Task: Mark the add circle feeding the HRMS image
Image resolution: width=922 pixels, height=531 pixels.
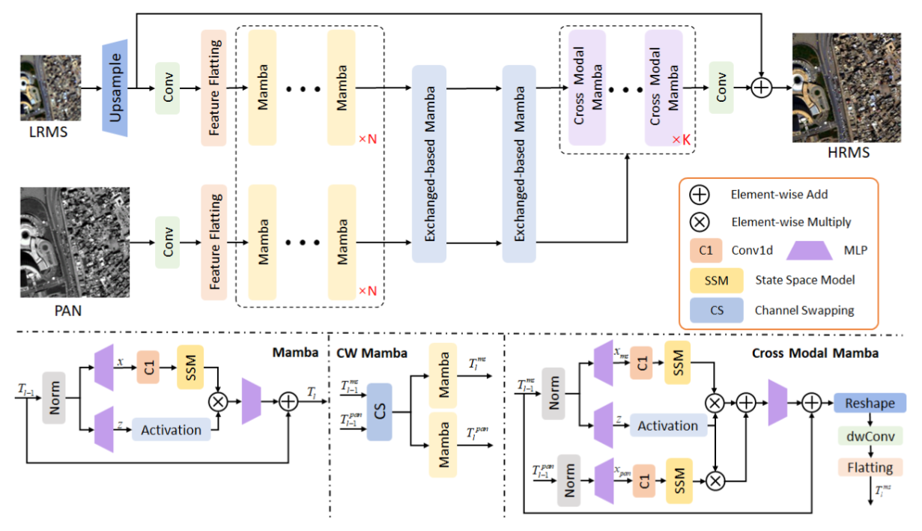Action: coord(761,88)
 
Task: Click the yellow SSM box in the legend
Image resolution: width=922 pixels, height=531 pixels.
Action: coord(716,281)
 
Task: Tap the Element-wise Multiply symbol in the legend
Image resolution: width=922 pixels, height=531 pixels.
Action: coord(699,222)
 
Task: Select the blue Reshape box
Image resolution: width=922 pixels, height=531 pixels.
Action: coord(870,403)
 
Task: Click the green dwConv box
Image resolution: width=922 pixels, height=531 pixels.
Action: coord(870,436)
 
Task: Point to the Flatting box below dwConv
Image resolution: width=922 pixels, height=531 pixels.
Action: coord(870,468)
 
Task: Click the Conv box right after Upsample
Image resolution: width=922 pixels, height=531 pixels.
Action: coord(167,88)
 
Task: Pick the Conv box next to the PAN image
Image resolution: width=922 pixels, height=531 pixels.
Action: coord(167,242)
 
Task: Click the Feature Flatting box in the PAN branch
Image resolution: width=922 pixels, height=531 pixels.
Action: coord(213,242)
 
